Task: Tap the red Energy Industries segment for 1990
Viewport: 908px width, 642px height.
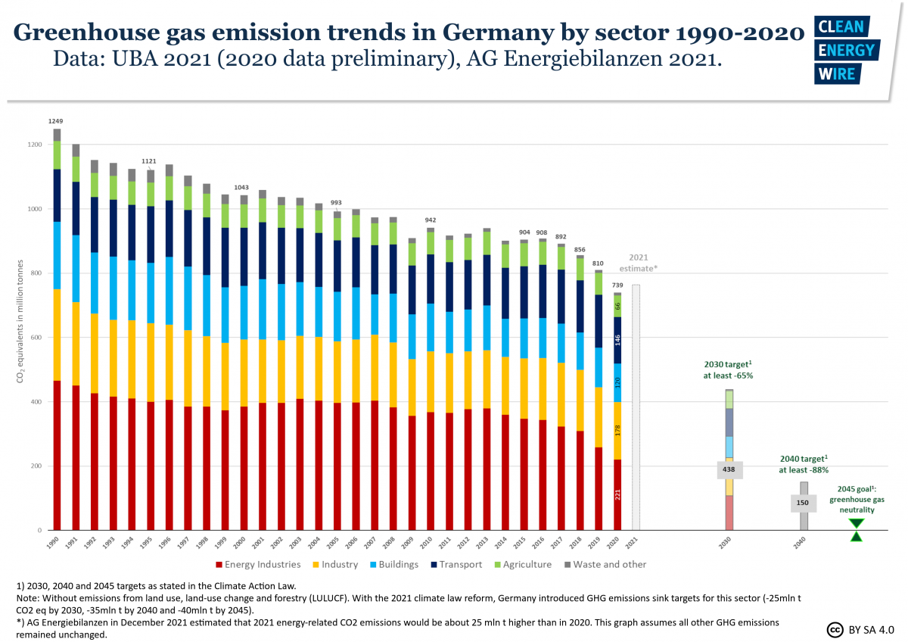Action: (57, 454)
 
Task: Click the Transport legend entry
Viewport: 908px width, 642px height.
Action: (458, 564)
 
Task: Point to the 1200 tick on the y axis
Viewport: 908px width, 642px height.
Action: (33, 145)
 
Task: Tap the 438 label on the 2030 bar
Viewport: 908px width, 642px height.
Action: (729, 469)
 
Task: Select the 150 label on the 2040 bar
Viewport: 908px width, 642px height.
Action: (804, 503)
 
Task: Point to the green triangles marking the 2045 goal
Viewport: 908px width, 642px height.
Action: (856, 529)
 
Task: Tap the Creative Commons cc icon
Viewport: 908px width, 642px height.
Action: (835, 629)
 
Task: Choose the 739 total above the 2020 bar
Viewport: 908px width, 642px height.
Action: (617, 284)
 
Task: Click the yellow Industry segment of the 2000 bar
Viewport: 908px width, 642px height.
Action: (244, 372)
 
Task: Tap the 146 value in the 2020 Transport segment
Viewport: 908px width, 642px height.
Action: (617, 340)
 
